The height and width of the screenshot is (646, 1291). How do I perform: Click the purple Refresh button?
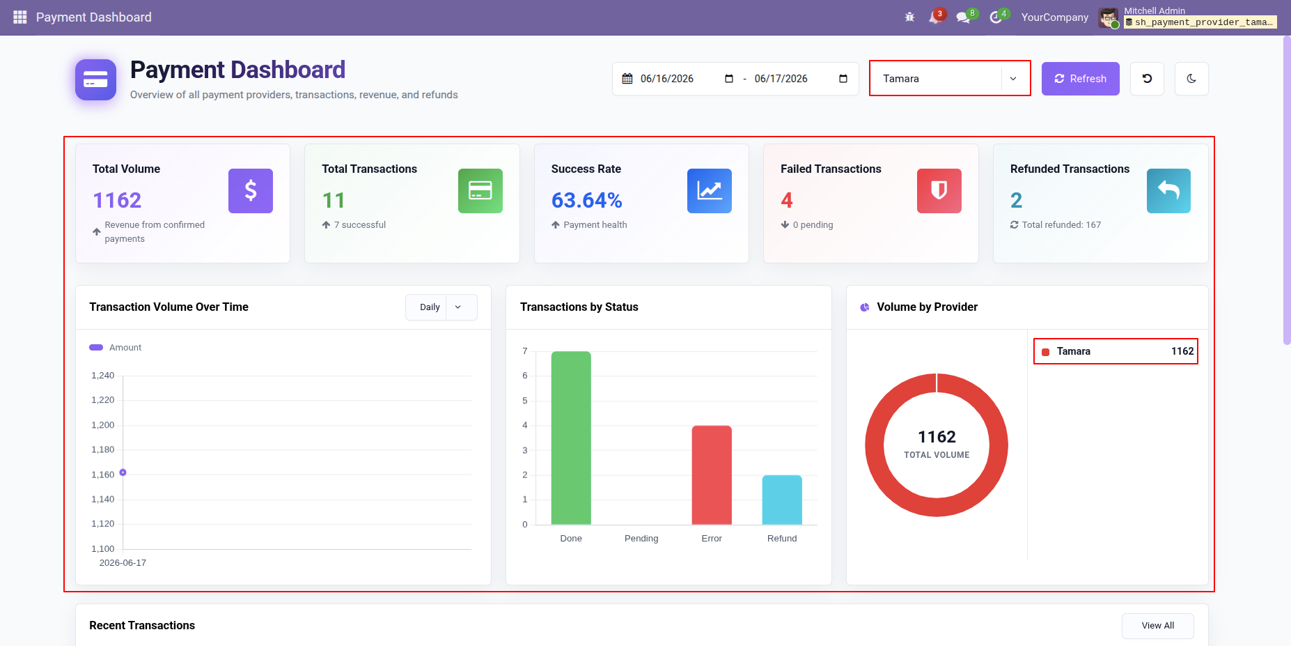pyautogui.click(x=1080, y=79)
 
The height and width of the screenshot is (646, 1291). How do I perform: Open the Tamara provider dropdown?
pyautogui.click(x=950, y=79)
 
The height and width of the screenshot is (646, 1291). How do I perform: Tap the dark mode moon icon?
pyautogui.click(x=1191, y=79)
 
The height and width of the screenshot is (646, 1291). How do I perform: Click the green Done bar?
pyautogui.click(x=571, y=438)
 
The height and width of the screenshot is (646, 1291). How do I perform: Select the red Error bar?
pyautogui.click(x=712, y=475)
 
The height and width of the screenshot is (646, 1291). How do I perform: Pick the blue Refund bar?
pyautogui.click(x=782, y=500)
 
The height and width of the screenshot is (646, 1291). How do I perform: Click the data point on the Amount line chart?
pyautogui.click(x=123, y=472)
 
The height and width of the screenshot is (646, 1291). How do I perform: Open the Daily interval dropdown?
pyautogui.click(x=441, y=307)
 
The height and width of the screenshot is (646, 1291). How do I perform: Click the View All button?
pyautogui.click(x=1157, y=626)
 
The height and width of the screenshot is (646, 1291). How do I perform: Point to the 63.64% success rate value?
pyautogui.click(x=587, y=201)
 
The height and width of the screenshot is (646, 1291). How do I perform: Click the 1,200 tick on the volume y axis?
pyautogui.click(x=103, y=425)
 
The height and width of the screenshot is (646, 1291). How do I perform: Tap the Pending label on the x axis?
pyautogui.click(x=641, y=539)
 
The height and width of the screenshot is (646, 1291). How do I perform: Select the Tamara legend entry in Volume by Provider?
pyautogui.click(x=1116, y=351)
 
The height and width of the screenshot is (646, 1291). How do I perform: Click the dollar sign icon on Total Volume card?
pyautogui.click(x=251, y=191)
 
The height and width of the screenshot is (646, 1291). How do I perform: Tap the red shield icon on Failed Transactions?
pyautogui.click(x=939, y=191)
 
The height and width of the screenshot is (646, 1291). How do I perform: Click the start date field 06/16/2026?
pyautogui.click(x=666, y=79)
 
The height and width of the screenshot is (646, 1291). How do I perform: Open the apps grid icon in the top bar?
pyautogui.click(x=20, y=17)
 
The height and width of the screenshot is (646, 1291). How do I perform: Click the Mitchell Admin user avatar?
pyautogui.click(x=1109, y=18)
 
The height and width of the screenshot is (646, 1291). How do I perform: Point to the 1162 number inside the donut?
pyautogui.click(x=937, y=437)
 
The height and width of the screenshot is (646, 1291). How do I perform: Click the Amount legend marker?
pyautogui.click(x=96, y=347)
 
